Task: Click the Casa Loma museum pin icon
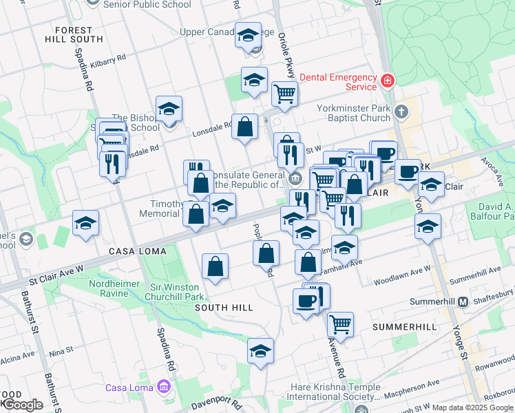click(x=164, y=388)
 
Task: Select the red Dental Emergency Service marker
click(x=388, y=82)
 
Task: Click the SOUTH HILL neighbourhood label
click(x=224, y=308)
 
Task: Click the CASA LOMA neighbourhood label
click(x=137, y=251)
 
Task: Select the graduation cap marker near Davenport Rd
click(x=260, y=352)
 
